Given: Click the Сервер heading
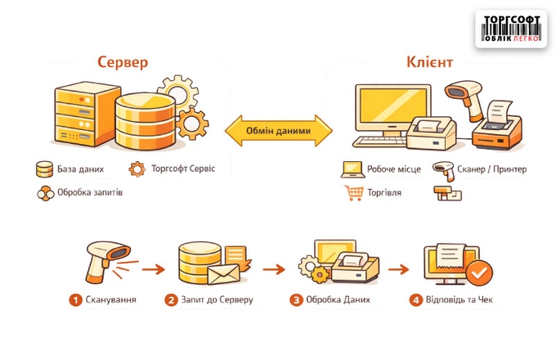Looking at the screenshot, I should point(123,62).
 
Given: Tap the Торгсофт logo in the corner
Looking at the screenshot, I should point(511,29).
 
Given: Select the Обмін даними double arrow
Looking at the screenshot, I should point(278,129).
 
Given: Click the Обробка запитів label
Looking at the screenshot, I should point(90,194).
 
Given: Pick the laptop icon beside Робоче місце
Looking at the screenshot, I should point(352,169).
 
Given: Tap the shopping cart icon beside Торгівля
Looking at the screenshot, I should point(353,193).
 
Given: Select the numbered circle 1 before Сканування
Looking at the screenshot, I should point(75,299).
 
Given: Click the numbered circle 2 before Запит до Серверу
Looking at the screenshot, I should point(171,299).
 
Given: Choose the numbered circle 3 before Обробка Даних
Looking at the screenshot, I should point(296,299).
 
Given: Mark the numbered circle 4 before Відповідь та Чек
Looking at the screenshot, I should point(416,299).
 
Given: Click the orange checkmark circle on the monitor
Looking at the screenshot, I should point(481,271).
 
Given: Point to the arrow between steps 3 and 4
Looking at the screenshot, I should point(398,268).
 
